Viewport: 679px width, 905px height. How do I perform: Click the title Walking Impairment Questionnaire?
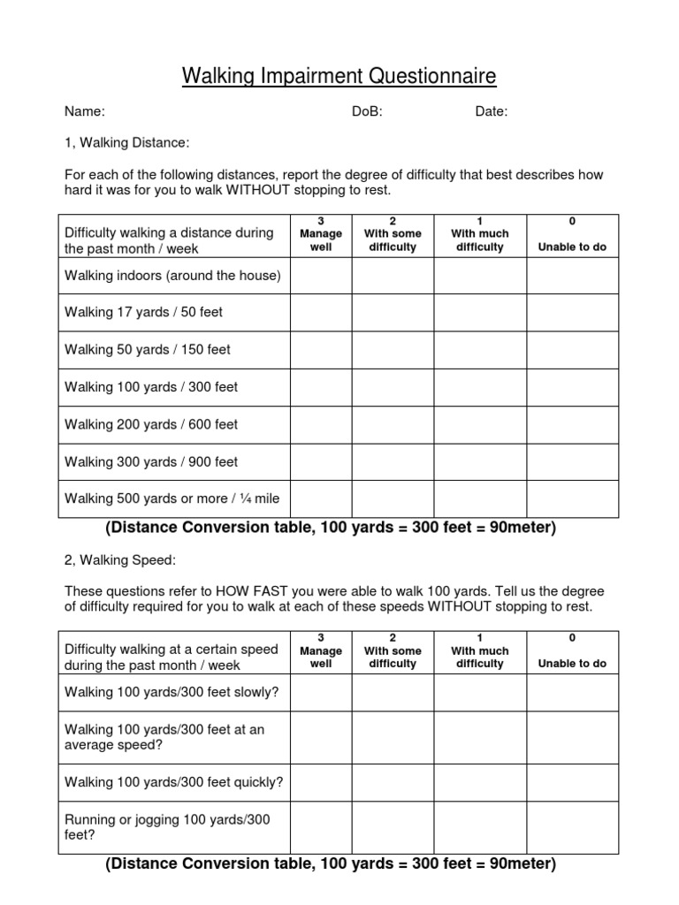click(x=339, y=77)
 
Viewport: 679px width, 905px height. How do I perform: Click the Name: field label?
click(x=85, y=111)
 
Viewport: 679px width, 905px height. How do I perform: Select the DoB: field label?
click(x=367, y=111)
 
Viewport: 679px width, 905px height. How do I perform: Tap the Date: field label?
click(x=491, y=111)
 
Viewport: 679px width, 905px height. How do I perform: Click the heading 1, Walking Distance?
click(x=126, y=143)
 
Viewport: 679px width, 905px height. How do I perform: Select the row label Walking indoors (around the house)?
click(x=172, y=276)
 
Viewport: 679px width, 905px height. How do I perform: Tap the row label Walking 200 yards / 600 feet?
click(x=151, y=424)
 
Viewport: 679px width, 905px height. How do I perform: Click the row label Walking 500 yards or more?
click(x=172, y=498)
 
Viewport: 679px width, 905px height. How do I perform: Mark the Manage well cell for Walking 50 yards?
click(x=321, y=350)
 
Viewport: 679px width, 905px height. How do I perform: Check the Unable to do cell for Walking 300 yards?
click(x=572, y=461)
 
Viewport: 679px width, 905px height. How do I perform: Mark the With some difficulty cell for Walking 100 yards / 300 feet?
click(x=393, y=387)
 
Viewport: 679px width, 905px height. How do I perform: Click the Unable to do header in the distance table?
click(x=572, y=247)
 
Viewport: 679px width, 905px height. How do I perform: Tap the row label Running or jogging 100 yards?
click(x=167, y=827)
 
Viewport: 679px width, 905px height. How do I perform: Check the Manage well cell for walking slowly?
click(x=321, y=692)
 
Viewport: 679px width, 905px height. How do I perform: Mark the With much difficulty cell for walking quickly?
click(x=480, y=782)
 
